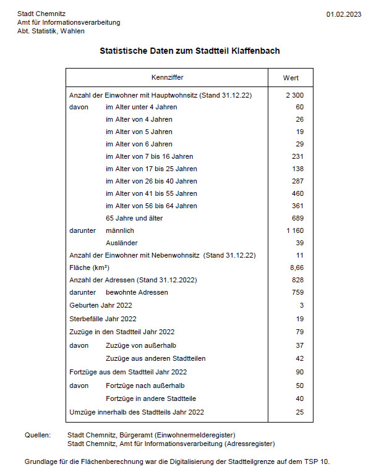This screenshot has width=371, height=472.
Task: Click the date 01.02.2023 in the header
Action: click(x=343, y=14)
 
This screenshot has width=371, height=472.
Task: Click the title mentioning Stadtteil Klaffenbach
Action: click(x=190, y=51)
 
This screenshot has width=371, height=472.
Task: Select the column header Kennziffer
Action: click(x=167, y=78)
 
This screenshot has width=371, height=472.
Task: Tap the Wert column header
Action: click(x=291, y=78)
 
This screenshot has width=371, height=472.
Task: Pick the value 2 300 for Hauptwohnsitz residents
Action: click(x=294, y=95)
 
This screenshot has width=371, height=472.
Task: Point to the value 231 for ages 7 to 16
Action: click(x=297, y=156)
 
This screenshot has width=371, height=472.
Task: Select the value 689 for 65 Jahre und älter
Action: click(x=297, y=218)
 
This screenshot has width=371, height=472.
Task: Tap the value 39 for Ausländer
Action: click(x=299, y=243)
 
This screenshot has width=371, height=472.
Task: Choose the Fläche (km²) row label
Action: click(x=90, y=268)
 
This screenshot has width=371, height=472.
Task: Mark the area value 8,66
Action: click(x=297, y=268)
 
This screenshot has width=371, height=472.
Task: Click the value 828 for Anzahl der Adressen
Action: click(x=297, y=280)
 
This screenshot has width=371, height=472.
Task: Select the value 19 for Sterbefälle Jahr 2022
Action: click(x=299, y=319)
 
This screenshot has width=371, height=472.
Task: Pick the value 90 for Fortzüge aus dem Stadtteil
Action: click(x=299, y=372)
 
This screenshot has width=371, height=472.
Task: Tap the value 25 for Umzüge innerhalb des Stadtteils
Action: click(x=299, y=411)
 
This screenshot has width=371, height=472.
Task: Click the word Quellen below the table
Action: click(x=38, y=435)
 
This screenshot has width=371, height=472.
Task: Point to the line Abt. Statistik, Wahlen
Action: click(x=51, y=31)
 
